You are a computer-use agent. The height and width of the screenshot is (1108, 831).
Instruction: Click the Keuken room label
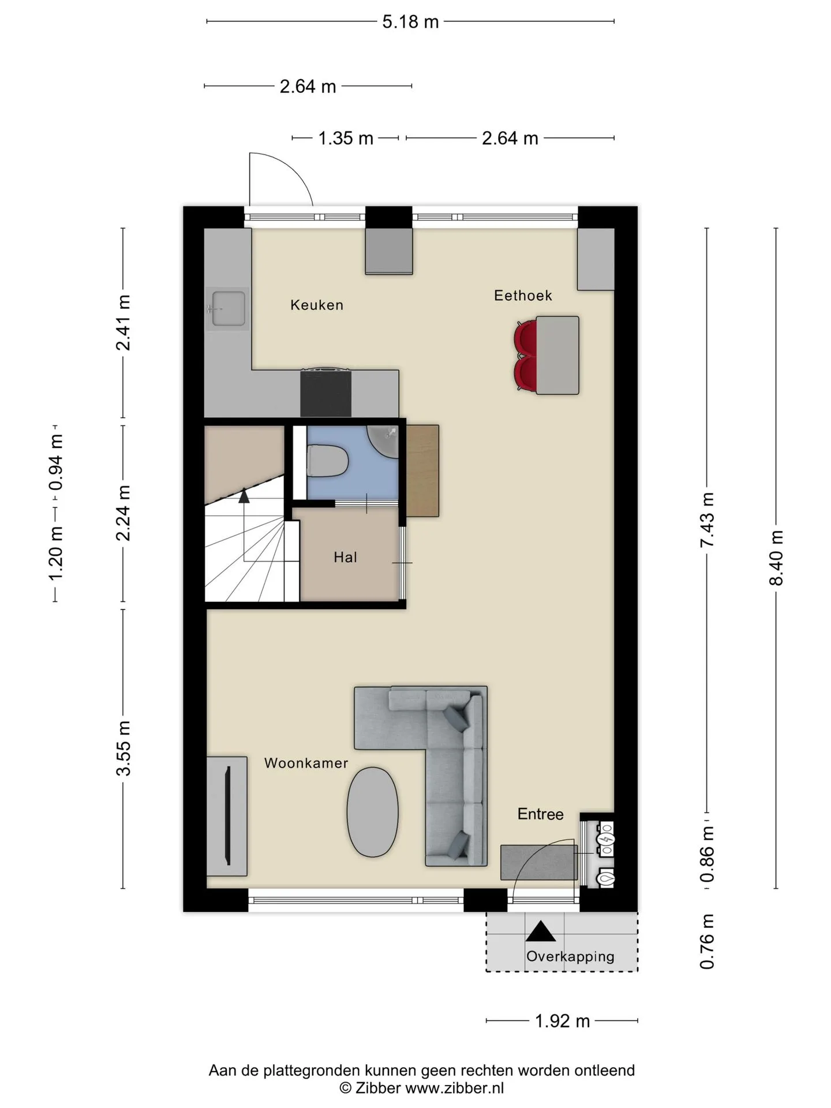(x=317, y=305)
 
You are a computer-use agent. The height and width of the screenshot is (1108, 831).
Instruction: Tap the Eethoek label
(x=523, y=295)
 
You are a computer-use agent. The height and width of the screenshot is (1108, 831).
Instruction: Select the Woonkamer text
(x=306, y=763)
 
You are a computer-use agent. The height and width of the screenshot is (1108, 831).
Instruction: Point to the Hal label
(x=345, y=557)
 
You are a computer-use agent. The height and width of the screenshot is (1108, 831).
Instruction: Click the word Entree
(x=540, y=814)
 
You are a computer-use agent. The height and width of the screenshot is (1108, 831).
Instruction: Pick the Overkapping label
(x=570, y=956)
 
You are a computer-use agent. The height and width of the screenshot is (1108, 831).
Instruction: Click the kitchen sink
(x=228, y=309)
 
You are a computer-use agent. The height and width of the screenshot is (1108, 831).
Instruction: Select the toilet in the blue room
(x=327, y=461)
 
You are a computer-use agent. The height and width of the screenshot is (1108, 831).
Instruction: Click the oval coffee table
(x=372, y=812)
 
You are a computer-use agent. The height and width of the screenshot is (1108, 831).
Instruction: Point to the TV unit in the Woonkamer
(x=227, y=816)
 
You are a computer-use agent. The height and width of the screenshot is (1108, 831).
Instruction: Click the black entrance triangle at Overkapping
(x=540, y=931)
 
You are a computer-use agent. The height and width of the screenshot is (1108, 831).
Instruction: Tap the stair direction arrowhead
(x=244, y=495)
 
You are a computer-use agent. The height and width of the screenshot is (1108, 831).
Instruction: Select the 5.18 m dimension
(x=410, y=22)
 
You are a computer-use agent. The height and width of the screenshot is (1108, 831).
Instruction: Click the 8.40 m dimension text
(x=776, y=558)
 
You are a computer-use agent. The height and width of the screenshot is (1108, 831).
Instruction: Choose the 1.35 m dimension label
(x=346, y=138)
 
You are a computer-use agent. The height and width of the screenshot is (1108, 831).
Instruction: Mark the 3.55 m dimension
(x=123, y=748)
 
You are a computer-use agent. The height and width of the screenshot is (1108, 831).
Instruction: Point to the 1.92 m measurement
(x=562, y=1021)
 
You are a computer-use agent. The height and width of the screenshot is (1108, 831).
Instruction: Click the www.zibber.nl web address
(x=454, y=1088)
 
